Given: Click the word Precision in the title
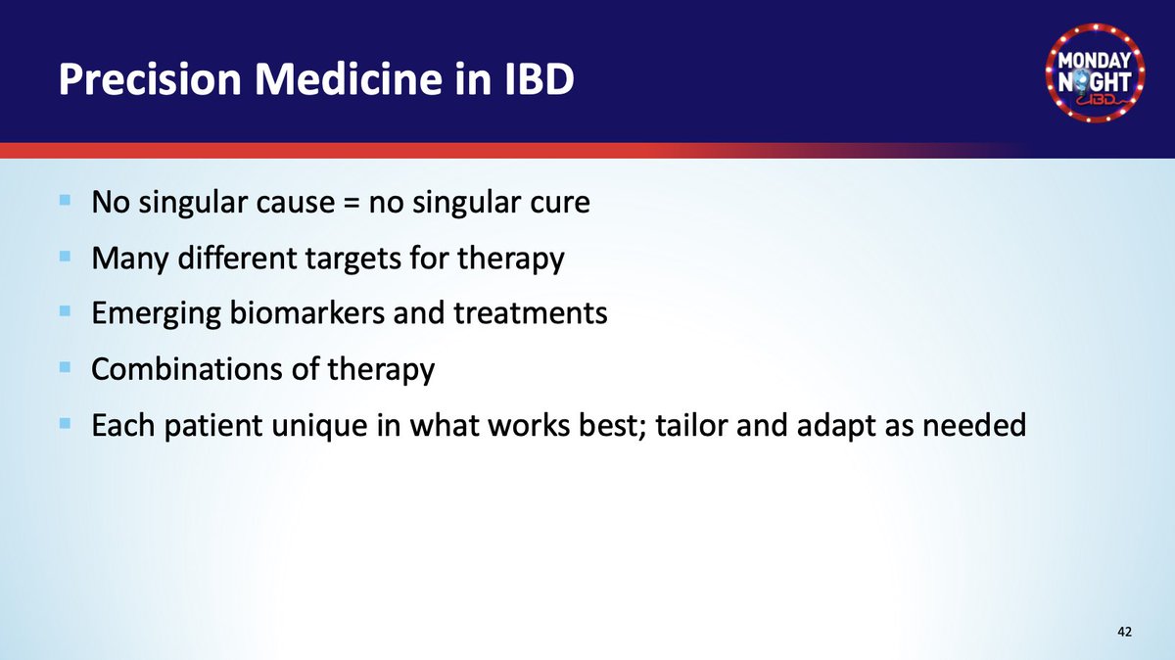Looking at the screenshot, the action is tap(150, 79).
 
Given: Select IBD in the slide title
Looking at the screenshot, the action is tap(540, 79).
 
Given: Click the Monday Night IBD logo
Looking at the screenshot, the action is tap(1096, 72).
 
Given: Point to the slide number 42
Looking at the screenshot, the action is tap(1125, 632).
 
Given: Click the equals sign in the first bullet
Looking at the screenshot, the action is tap(352, 203).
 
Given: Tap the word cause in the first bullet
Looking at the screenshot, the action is tap(296, 203).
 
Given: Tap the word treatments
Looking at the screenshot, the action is tap(531, 313).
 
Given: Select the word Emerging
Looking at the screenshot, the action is tap(157, 313).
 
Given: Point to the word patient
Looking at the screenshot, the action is tap(213, 426).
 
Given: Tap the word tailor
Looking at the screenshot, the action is tap(691, 424).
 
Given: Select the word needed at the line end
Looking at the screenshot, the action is tap(974, 424).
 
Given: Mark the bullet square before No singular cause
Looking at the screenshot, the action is tap(65, 200).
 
